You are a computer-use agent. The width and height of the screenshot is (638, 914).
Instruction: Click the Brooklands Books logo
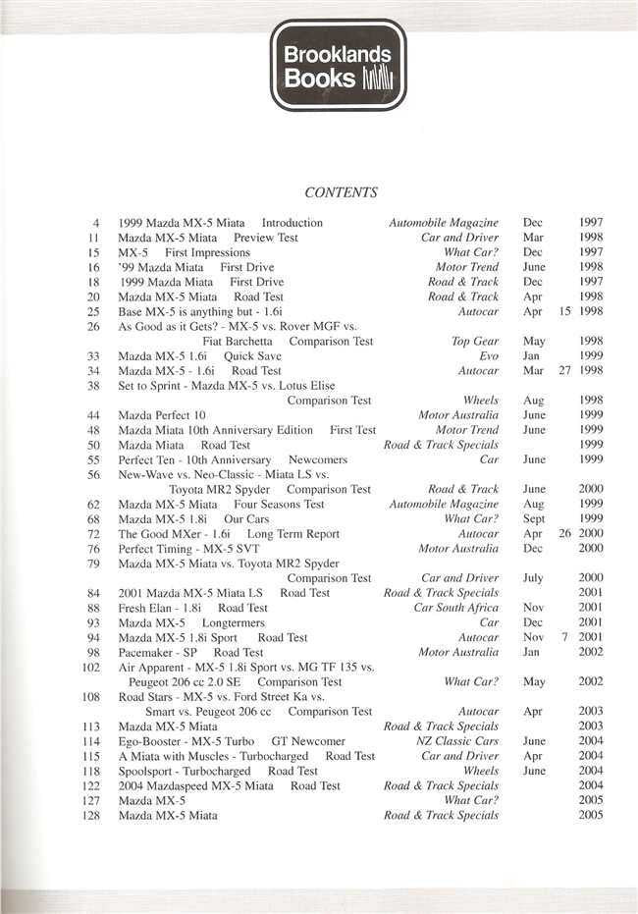[338, 65]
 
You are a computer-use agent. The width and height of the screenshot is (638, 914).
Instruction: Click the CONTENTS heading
[341, 192]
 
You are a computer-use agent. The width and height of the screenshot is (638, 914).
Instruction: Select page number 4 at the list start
[96, 223]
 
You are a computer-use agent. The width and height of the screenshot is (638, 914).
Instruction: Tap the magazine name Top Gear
[475, 341]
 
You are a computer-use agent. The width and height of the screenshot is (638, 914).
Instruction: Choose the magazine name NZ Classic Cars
[457, 741]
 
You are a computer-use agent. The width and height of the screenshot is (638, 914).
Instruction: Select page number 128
[92, 815]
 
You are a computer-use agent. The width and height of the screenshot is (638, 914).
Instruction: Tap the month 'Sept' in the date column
[535, 518]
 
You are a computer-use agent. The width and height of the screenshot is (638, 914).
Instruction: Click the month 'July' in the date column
[534, 578]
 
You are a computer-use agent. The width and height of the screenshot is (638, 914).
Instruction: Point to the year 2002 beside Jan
[590, 652]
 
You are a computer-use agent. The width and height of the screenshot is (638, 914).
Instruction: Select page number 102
[92, 667]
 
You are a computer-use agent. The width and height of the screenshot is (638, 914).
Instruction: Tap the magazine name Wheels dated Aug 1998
[481, 401]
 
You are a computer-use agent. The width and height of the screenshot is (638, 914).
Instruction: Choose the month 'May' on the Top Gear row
[534, 341]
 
